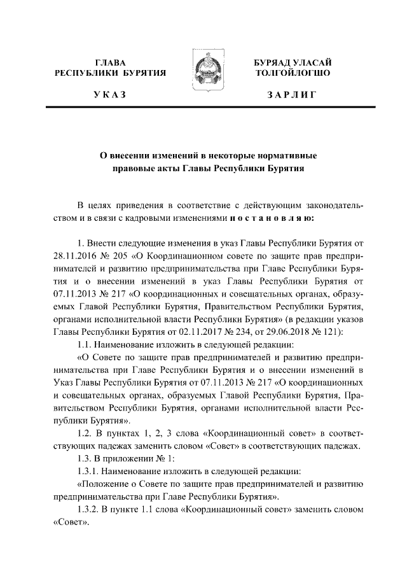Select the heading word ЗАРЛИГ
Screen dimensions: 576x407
[x=291, y=95]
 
